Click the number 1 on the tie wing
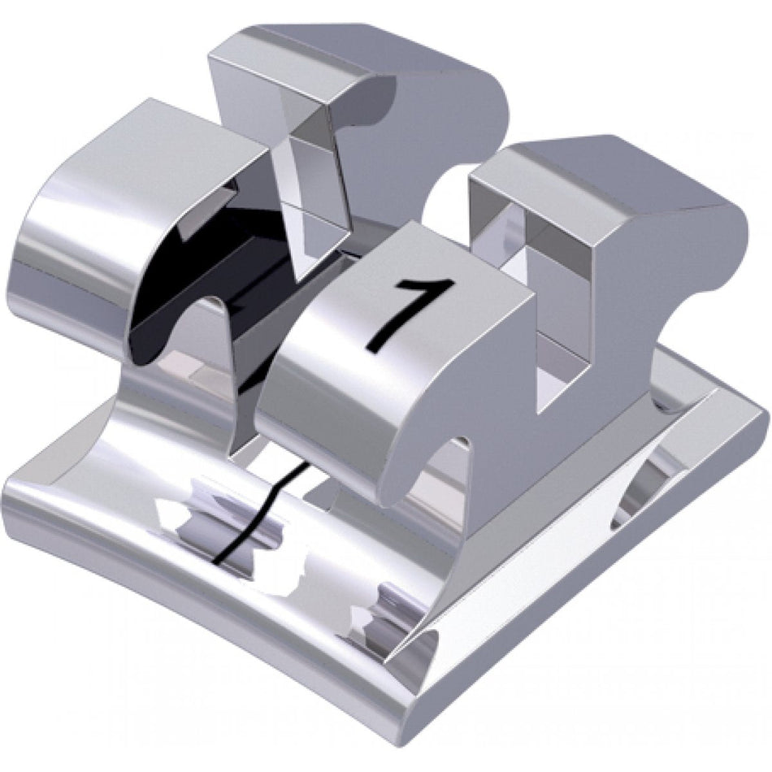(x=413, y=313)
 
